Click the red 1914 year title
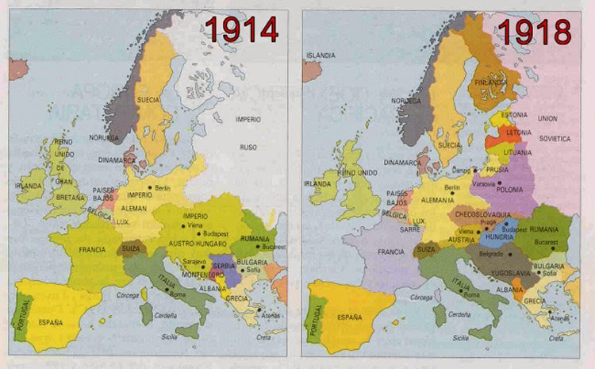point(242,29)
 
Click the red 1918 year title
point(534,30)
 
